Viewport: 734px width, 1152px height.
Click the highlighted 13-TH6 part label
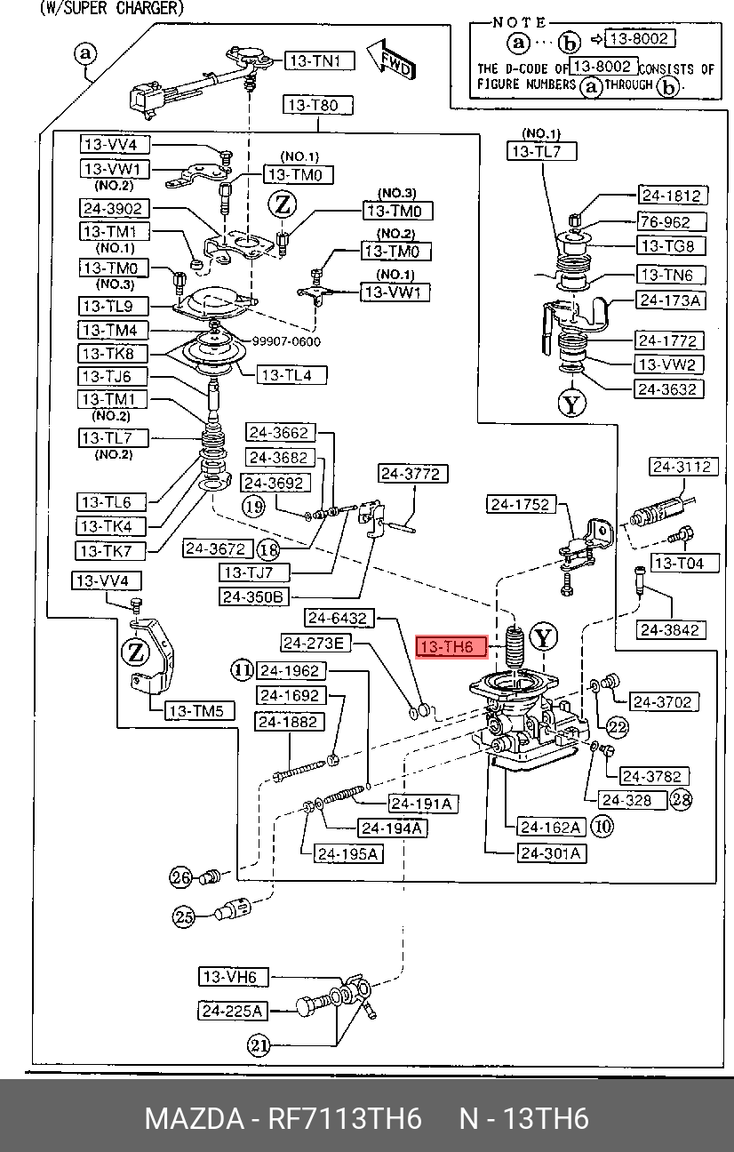click(x=451, y=646)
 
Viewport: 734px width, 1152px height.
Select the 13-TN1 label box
click(x=320, y=61)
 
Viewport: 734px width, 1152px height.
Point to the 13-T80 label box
click(x=318, y=106)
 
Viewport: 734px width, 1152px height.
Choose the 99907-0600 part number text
click(x=286, y=341)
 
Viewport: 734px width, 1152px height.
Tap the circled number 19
click(x=253, y=507)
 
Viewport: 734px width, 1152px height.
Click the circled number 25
click(x=183, y=916)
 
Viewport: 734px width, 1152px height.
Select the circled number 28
click(x=681, y=799)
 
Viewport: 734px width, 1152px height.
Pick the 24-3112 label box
click(x=683, y=467)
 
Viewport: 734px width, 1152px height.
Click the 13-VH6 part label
click(x=234, y=977)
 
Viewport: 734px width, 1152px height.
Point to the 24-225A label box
click(x=233, y=1011)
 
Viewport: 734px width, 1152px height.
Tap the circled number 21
click(x=259, y=1044)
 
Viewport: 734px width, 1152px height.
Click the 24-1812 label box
click(x=673, y=196)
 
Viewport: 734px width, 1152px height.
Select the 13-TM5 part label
click(x=200, y=711)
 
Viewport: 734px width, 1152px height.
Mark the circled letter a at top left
click(x=86, y=53)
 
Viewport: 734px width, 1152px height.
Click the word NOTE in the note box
click(x=519, y=22)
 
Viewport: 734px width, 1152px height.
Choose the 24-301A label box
click(x=552, y=853)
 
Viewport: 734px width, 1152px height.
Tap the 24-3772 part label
click(x=412, y=473)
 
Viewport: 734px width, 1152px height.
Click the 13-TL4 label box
click(x=292, y=375)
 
